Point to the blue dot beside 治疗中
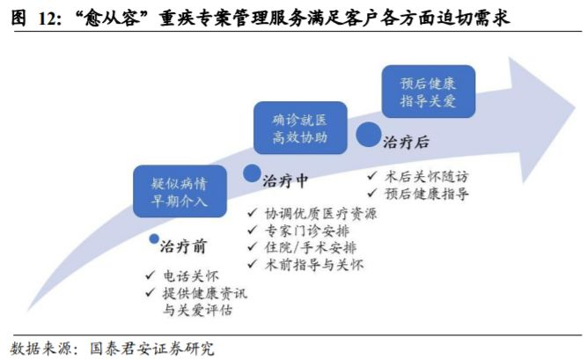252,174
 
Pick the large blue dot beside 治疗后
368,135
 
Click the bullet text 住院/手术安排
302,247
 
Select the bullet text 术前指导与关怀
302,264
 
